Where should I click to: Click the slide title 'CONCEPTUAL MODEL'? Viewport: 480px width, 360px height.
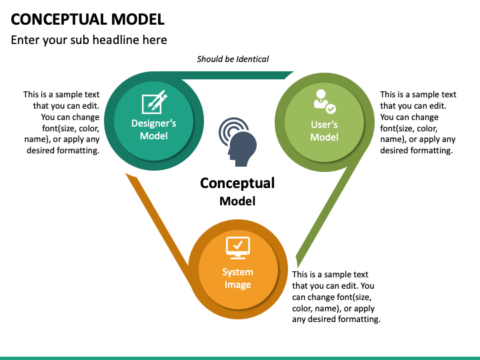pyautogui.click(x=87, y=19)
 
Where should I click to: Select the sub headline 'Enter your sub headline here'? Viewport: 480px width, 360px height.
pyautogui.click(x=89, y=40)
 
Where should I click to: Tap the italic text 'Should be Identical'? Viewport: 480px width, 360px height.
pyautogui.click(x=233, y=59)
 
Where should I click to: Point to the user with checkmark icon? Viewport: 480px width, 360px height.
pyautogui.click(x=325, y=101)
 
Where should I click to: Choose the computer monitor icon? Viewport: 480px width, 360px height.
pyautogui.click(x=238, y=248)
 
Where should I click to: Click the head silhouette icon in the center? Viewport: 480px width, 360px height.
pyautogui.click(x=242, y=149)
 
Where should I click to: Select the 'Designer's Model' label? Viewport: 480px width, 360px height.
pyautogui.click(x=154, y=129)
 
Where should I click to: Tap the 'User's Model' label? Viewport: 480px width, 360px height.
pyautogui.click(x=324, y=131)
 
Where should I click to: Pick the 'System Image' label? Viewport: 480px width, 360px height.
pyautogui.click(x=238, y=278)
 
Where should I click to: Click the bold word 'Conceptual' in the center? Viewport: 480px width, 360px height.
pyautogui.click(x=237, y=183)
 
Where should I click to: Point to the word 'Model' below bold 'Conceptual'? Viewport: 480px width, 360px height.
pyautogui.click(x=237, y=201)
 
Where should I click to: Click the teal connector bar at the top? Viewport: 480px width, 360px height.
pyautogui.click(x=236, y=75)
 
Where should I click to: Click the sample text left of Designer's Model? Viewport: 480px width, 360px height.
pyautogui.click(x=61, y=123)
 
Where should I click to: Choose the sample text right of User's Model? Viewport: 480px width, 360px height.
pyautogui.click(x=418, y=123)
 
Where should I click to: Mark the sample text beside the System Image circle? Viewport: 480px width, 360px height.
pyautogui.click(x=336, y=297)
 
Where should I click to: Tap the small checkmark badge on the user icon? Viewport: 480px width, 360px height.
pyautogui.click(x=331, y=109)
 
